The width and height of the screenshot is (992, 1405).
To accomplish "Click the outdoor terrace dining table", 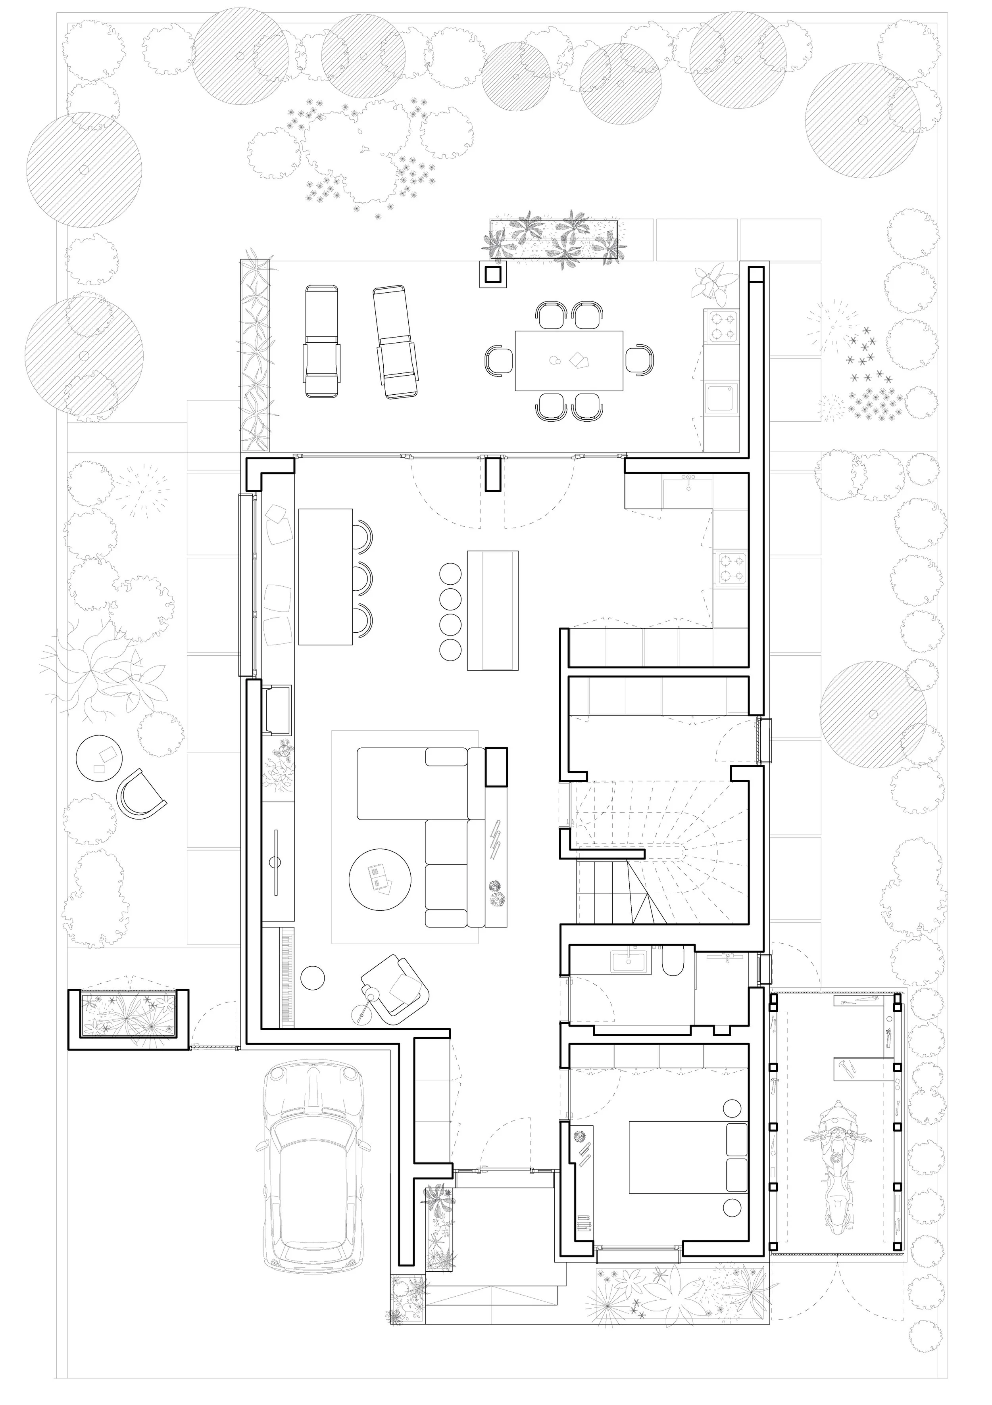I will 569,361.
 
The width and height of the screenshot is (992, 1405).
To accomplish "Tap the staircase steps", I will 661,857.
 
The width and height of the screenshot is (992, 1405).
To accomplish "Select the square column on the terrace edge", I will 493,275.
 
